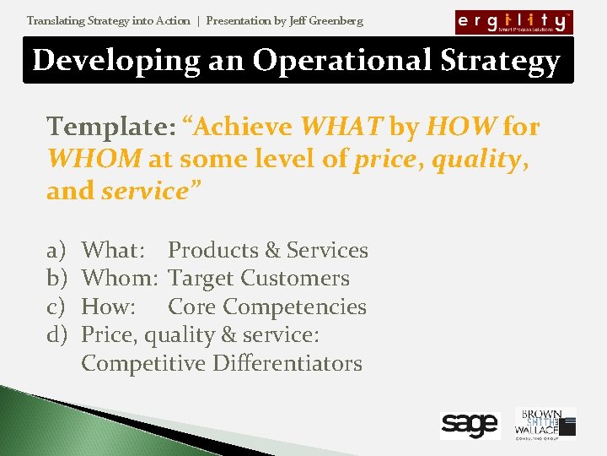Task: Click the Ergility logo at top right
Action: tap(513, 22)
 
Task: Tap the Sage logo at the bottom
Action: tap(470, 426)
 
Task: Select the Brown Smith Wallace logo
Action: tap(545, 424)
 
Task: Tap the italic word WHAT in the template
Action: tap(341, 127)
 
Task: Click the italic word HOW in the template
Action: tap(460, 127)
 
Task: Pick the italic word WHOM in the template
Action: tap(94, 159)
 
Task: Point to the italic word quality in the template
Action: tap(477, 159)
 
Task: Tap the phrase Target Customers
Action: tap(259, 279)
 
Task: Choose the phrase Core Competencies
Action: tap(267, 307)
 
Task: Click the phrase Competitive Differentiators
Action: tap(222, 364)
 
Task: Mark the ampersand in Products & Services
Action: tap(272, 251)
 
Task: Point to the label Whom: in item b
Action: tap(120, 279)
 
